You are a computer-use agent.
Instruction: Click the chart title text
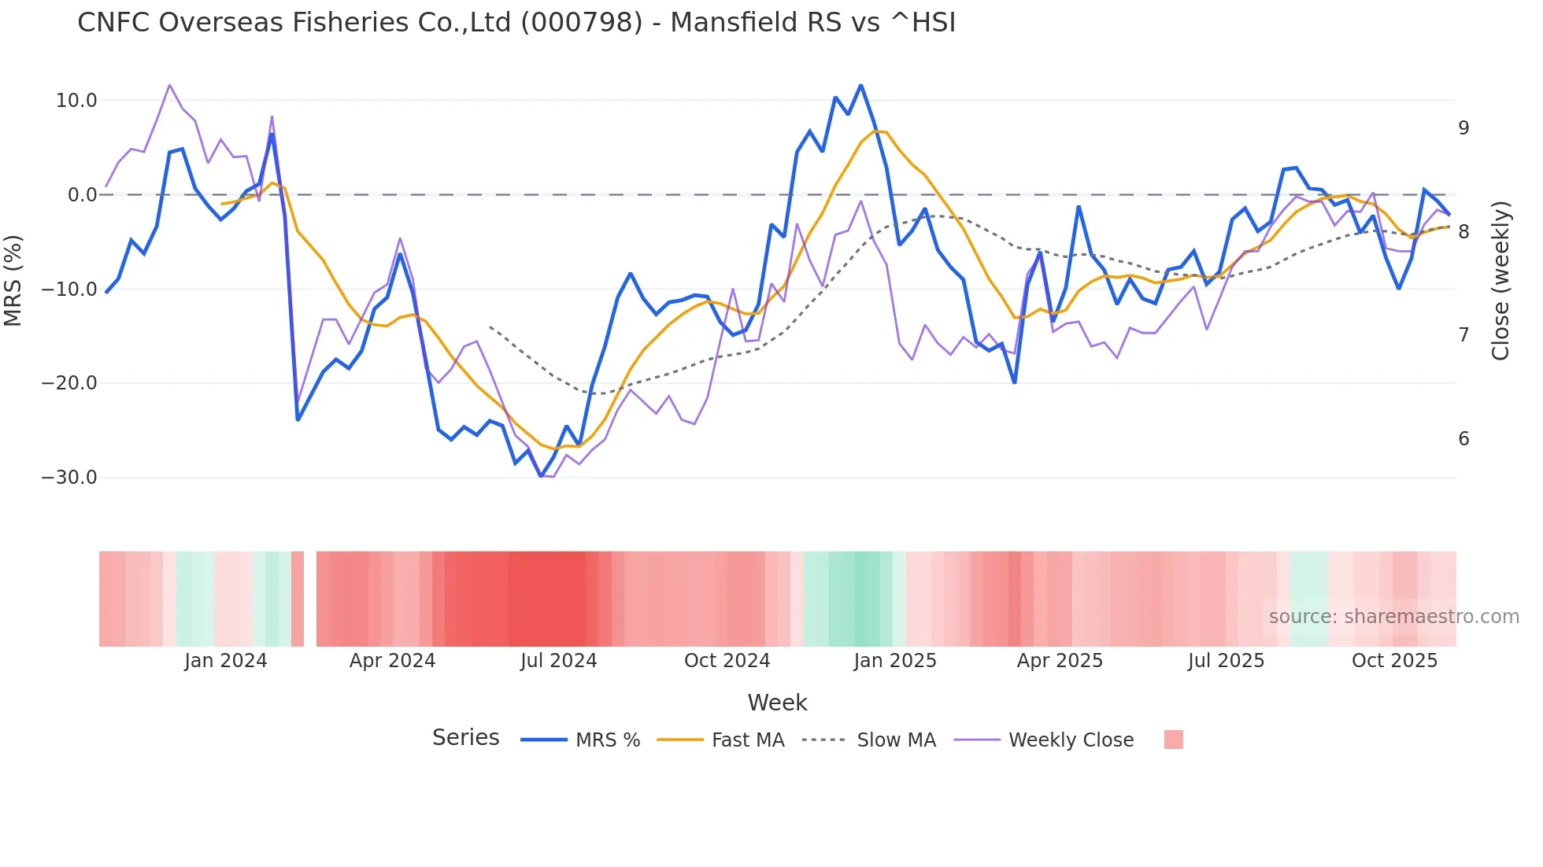(516, 23)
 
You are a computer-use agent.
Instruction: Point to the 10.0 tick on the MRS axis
(76, 101)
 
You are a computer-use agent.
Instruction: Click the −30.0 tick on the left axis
(69, 478)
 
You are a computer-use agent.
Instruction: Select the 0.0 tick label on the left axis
(83, 195)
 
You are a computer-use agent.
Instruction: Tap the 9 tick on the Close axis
(1463, 128)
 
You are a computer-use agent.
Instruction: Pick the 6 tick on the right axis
(1463, 439)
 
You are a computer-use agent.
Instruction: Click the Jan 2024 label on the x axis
(226, 661)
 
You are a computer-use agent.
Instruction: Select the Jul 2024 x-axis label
(558, 661)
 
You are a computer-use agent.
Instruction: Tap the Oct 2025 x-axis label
(1394, 661)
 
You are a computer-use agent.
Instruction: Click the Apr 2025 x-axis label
(1060, 661)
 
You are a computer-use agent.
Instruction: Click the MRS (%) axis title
(13, 280)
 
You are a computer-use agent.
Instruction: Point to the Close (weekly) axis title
(1500, 281)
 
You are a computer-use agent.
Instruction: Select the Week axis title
(777, 703)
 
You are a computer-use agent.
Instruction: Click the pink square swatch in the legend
(1173, 740)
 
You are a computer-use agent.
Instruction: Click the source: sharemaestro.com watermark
(1393, 617)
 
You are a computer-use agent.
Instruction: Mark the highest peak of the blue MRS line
(860, 85)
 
